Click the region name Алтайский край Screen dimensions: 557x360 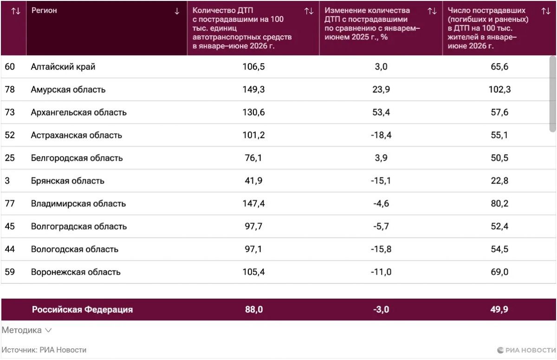tap(63, 67)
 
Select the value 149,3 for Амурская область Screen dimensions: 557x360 tap(253, 89)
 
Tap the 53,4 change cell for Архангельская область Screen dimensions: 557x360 tap(381, 112)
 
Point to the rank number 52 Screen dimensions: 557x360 tap(10, 135)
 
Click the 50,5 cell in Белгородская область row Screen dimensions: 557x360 tap(499, 158)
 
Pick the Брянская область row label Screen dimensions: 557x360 tap(67, 181)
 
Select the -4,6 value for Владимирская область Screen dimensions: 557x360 tap(381, 203)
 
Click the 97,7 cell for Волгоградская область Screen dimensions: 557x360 tap(253, 226)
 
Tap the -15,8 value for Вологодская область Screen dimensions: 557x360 tap(381, 249)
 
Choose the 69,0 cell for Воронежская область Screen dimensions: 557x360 tap(499, 272)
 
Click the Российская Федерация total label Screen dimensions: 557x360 tap(82, 309)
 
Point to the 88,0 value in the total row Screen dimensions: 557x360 tap(254, 309)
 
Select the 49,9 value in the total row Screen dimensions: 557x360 tap(499, 309)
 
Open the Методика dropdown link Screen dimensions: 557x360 tap(26, 330)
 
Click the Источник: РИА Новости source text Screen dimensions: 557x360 tap(44, 350)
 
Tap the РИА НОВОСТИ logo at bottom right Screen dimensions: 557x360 tap(526, 350)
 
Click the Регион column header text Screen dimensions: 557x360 tap(44, 10)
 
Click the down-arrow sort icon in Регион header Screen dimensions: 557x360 tap(177, 11)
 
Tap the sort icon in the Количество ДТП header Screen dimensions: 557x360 tap(309, 11)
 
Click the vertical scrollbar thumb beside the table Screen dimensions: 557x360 tap(552, 94)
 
